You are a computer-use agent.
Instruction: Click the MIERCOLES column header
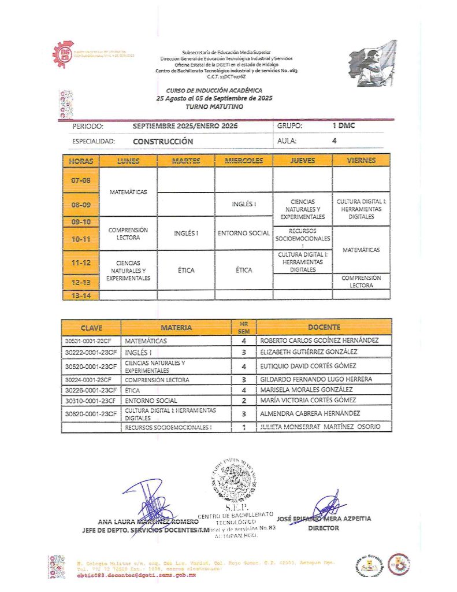243,161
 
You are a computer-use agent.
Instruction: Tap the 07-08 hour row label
81,180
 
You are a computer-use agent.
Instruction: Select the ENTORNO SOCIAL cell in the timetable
243,233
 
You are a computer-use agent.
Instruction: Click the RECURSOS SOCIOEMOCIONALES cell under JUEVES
303,238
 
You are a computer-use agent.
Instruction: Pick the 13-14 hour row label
81,295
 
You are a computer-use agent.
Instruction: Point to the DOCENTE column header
324,327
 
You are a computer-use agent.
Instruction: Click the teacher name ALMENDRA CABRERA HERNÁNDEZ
310,413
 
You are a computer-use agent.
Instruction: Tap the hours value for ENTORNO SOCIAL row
244,400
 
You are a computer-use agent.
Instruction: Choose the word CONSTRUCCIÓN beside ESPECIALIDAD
163,141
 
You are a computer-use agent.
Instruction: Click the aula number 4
334,140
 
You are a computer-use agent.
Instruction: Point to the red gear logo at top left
62,55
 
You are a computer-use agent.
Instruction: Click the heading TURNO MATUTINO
214,108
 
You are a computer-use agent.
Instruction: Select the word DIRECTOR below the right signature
324,528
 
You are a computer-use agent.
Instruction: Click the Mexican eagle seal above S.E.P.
233,478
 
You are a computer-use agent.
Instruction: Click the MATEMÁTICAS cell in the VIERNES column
361,250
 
